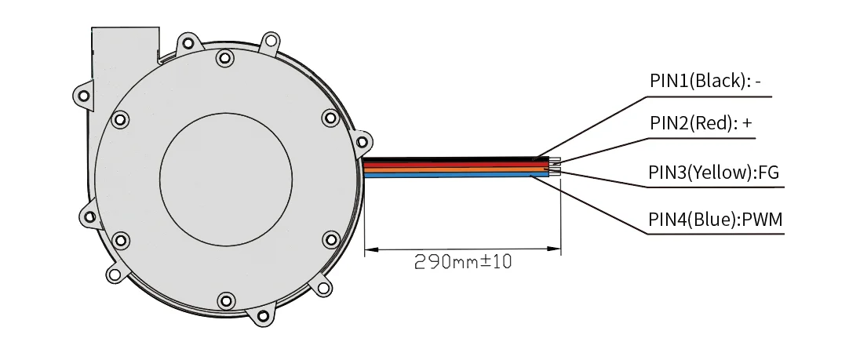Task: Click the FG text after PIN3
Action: coord(768,173)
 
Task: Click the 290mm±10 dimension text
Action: coord(463,262)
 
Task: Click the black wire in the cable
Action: coord(455,159)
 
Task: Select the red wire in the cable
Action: coord(455,164)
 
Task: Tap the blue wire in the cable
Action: coord(455,175)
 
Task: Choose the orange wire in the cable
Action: coord(455,169)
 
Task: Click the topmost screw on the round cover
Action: coord(224,56)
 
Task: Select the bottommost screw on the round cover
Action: coord(226,300)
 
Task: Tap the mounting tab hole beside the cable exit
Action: coord(361,142)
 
